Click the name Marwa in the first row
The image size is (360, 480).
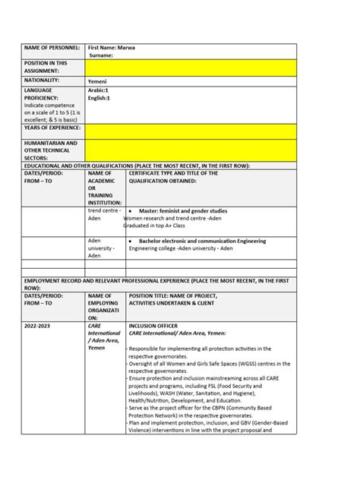tap(126, 47)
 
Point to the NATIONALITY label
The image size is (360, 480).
tap(43, 79)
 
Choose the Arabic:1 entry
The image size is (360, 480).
tap(99, 90)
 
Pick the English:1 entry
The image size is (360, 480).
tap(100, 97)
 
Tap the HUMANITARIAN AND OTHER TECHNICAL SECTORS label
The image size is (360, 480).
tap(50, 150)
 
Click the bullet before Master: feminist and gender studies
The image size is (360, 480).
tap(132, 211)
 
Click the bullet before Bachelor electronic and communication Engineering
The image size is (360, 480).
tap(132, 242)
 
